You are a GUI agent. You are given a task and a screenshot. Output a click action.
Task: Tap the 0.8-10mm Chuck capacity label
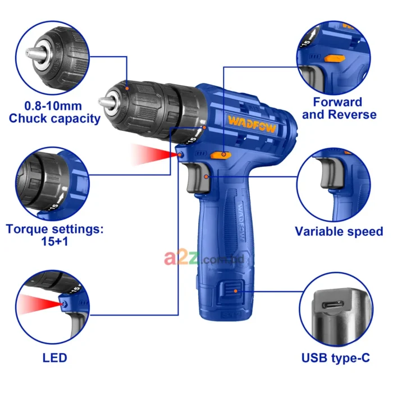coord(54,112)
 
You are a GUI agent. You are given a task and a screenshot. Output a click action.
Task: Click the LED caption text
coord(54,357)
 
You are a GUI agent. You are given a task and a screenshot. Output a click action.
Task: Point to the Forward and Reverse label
coord(338,108)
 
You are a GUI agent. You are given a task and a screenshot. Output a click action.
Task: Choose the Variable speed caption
coord(339,231)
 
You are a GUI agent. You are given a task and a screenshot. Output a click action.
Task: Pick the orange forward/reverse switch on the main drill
coord(220,154)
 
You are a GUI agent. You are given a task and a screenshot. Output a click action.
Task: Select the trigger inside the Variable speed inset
coord(328,180)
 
